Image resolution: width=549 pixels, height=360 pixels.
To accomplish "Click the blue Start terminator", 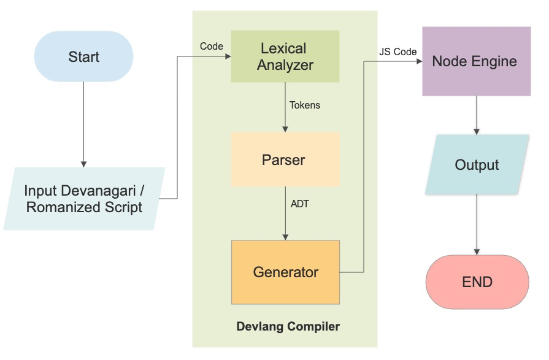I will tap(83, 57).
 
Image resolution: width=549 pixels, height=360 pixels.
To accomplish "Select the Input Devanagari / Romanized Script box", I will tap(84, 199).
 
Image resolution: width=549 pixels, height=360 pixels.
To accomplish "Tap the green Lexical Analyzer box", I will tap(285, 56).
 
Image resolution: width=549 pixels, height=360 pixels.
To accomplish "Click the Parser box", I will tap(285, 160).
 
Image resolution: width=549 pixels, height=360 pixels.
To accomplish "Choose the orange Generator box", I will tap(285, 272).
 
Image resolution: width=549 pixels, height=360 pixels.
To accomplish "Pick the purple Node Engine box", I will tap(476, 61).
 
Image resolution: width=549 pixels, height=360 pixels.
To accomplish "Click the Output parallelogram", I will tap(477, 165).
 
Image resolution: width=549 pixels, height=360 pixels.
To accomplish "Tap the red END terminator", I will tap(477, 282).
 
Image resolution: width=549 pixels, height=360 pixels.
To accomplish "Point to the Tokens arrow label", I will tap(305, 105).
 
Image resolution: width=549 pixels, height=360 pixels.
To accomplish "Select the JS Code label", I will tap(397, 52).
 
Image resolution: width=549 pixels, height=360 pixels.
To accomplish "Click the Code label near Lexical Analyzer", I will tap(211, 47).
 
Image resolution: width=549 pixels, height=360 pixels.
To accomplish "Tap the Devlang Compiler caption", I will tap(288, 326).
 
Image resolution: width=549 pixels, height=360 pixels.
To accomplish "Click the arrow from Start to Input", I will tap(84, 123).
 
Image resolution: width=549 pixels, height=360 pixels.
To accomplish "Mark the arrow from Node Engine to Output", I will tap(477, 115).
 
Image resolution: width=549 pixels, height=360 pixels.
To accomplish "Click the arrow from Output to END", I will tap(477, 224).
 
